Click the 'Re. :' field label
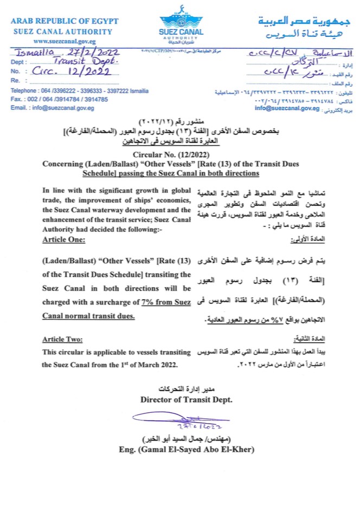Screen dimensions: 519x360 click(x=17, y=80)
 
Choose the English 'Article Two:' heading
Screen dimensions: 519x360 click(x=63, y=339)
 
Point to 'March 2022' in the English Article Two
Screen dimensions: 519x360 click(x=153, y=365)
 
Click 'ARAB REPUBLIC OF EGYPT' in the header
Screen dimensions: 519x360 click(x=65, y=21)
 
